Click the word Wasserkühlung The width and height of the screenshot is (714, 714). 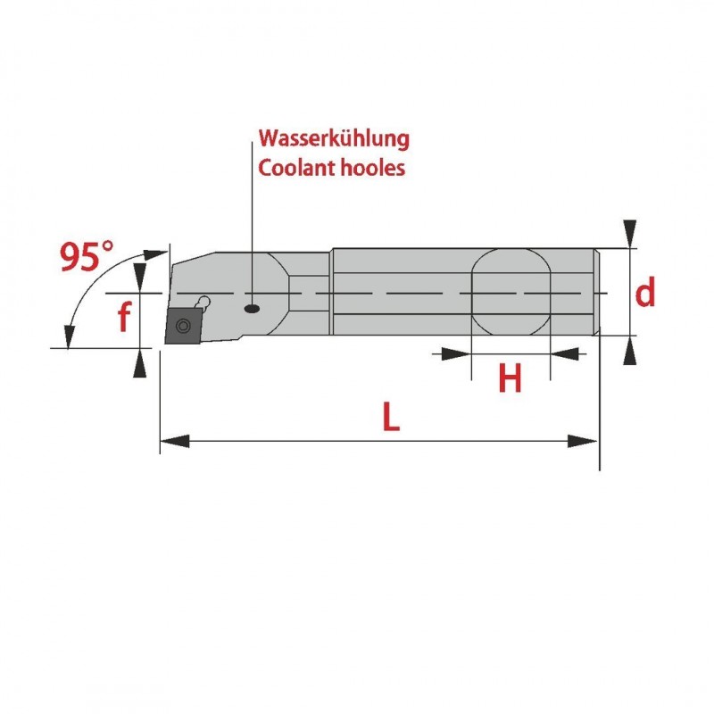[x=334, y=139]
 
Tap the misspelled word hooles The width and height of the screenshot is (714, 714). [x=374, y=168]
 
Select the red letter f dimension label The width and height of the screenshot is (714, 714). [x=124, y=318]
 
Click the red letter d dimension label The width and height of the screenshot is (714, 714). [x=644, y=292]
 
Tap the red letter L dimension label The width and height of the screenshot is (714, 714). [x=389, y=418]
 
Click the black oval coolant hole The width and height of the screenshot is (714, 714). [x=253, y=309]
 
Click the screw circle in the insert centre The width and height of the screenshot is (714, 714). [x=185, y=324]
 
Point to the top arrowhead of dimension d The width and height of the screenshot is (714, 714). [x=631, y=231]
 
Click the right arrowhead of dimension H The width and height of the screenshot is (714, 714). [x=561, y=354]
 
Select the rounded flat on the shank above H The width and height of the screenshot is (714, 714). [x=510, y=292]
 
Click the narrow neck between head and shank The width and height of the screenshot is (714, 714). [x=311, y=292]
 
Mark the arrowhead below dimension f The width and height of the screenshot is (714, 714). [x=138, y=363]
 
